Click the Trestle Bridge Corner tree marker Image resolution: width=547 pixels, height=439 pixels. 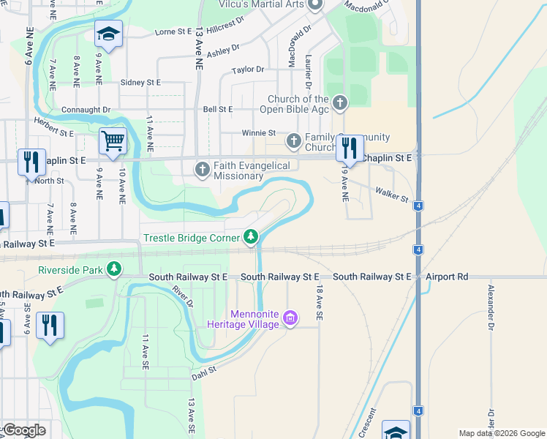point(251,236)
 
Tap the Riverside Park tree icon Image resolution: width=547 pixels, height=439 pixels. point(113,270)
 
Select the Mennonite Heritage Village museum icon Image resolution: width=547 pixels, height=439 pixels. point(290,319)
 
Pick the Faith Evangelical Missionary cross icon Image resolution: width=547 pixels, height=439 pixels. point(203,170)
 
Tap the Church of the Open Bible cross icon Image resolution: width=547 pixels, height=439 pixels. point(339,103)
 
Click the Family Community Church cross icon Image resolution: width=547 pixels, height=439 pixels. point(293,140)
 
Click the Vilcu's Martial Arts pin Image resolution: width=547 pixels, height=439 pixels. point(315,4)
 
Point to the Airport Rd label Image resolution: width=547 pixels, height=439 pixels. point(448,277)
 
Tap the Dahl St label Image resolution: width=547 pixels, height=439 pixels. point(205,372)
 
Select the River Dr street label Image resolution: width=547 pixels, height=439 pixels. point(183,296)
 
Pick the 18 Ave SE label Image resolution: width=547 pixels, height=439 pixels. point(320,304)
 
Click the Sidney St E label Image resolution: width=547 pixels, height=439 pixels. point(140,83)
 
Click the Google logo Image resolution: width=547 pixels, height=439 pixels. point(24,430)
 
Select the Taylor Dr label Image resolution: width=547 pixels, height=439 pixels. point(248,70)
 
